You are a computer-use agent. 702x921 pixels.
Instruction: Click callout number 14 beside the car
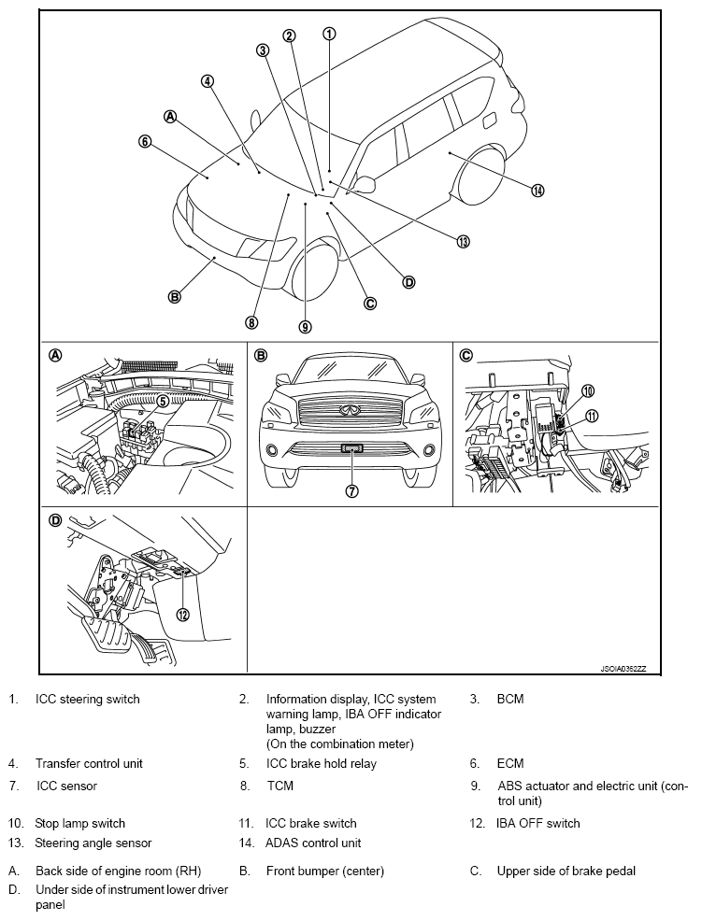coord(537,191)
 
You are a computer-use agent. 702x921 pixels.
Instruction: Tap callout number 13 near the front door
coord(462,241)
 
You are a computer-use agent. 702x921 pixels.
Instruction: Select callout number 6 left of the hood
coord(145,142)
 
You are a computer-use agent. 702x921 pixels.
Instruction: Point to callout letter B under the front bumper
coord(174,297)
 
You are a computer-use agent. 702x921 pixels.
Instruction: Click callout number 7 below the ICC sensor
coord(352,492)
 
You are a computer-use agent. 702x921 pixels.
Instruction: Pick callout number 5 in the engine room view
coord(162,401)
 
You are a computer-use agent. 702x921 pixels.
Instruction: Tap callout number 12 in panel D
coord(182,614)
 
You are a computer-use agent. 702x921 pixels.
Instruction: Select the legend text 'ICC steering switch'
coord(88,699)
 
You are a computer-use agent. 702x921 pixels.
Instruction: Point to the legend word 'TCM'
coord(279,786)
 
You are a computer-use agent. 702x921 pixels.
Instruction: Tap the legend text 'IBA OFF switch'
coord(537,823)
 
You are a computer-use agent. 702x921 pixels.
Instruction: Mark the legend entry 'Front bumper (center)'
coord(324,871)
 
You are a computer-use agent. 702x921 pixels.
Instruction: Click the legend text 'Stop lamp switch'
coord(80,823)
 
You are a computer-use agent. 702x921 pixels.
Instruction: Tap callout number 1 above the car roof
coord(329,34)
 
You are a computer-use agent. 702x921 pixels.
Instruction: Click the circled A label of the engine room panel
coord(55,355)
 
